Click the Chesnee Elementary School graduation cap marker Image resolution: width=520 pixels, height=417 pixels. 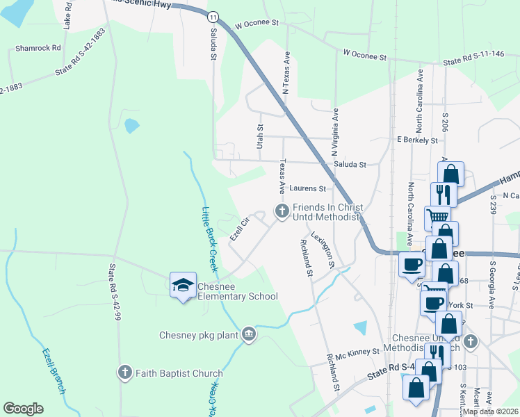[x=184, y=286]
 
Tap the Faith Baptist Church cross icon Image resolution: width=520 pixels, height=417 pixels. [x=125, y=373]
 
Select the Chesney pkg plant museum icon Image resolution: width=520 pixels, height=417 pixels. [x=248, y=336]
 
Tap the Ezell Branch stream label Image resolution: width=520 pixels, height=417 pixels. [x=53, y=371]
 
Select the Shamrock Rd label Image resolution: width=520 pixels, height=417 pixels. [x=38, y=49]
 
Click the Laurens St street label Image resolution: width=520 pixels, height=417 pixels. [x=307, y=188]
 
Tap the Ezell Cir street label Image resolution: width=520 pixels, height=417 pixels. [x=239, y=230]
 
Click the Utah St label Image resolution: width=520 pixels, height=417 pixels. [x=260, y=136]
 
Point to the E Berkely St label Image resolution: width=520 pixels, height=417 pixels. [x=417, y=140]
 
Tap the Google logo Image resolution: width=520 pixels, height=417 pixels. [x=23, y=409]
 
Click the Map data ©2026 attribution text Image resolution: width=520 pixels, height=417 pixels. [x=489, y=411]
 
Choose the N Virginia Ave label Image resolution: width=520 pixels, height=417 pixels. [x=334, y=131]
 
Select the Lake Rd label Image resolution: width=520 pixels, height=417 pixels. [x=67, y=17]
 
